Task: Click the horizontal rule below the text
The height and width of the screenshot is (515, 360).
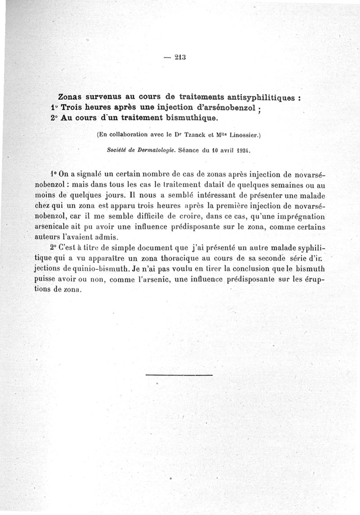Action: point(180,374)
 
